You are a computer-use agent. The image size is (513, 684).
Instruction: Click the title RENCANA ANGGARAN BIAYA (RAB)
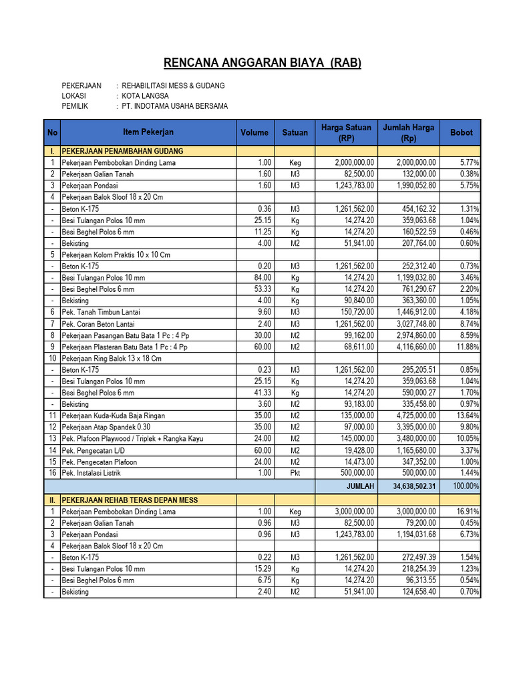pos(263,63)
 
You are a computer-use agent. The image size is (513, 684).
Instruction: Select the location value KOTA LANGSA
pos(145,96)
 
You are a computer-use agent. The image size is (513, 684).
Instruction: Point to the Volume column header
pos(254,132)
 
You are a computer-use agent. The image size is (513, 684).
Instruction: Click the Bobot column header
pos(461,132)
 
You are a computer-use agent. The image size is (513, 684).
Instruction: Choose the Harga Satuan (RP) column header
pos(347,132)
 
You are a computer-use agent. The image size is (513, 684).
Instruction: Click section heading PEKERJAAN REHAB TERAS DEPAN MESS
pos(130,500)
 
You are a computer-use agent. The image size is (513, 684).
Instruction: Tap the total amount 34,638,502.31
pos(410,486)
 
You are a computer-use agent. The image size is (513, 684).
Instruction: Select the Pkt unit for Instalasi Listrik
pos(295,473)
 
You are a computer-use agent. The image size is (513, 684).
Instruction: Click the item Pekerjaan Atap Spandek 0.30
pos(107,427)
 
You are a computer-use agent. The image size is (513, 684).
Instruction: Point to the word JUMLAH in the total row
pos(361,486)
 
